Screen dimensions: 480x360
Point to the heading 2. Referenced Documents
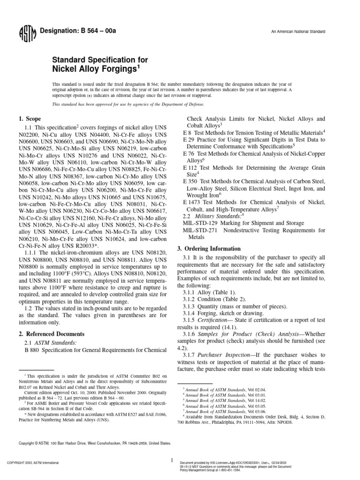tap(52, 334)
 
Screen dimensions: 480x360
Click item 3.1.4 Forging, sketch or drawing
tap(218, 313)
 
